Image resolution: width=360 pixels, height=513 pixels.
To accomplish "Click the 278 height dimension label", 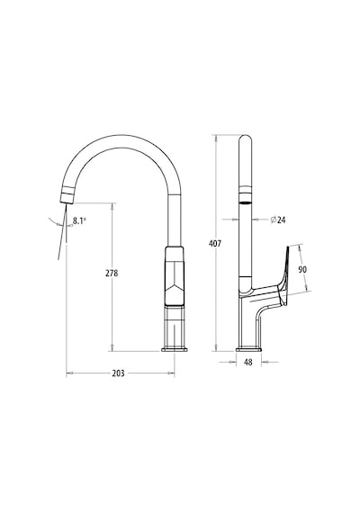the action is coord(112,274).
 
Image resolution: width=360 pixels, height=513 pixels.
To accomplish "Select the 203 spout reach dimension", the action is coord(118,373).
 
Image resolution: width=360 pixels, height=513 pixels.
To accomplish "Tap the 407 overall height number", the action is coord(215,243).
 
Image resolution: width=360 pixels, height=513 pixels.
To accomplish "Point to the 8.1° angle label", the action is coord(79,220).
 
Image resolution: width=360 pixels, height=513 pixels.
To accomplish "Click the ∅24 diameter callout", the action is coord(278,220).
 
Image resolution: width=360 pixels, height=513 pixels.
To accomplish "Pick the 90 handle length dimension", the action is coord(302,269).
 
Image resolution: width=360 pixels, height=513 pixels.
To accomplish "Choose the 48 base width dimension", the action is coord(248,362).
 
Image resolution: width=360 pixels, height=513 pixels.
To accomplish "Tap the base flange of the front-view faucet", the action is coord(175,349).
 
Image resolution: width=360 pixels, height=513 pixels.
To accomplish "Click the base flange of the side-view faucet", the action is coord(248,349).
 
